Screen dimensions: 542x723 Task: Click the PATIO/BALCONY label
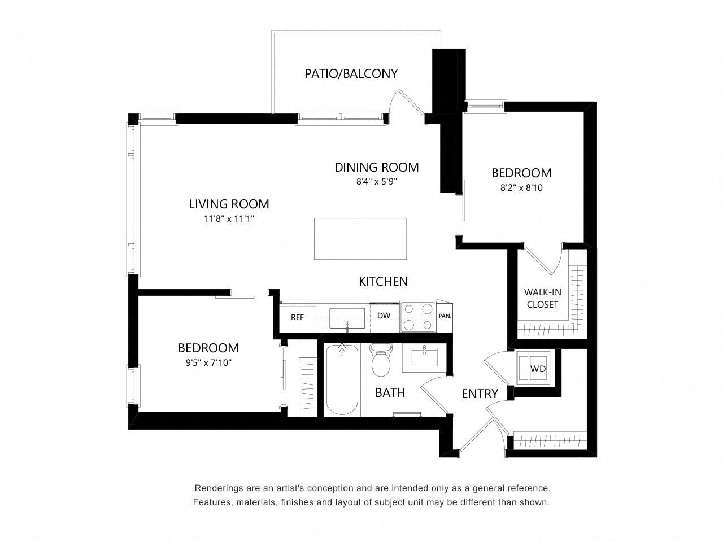(x=351, y=73)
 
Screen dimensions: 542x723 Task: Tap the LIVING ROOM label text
(x=229, y=204)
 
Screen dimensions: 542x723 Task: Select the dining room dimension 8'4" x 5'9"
(x=377, y=182)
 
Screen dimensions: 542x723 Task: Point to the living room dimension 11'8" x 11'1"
(x=229, y=218)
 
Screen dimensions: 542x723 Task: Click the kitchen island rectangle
(x=360, y=238)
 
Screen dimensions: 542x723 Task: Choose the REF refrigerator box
(x=297, y=318)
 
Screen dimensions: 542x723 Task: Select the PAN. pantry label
(x=445, y=316)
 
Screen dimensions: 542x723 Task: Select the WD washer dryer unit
(x=537, y=369)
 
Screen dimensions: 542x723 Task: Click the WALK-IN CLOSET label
(x=542, y=298)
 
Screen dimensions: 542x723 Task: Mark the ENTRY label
(x=480, y=394)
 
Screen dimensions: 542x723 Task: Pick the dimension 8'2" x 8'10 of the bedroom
(x=521, y=187)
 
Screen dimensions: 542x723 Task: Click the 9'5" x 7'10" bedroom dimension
(x=208, y=363)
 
